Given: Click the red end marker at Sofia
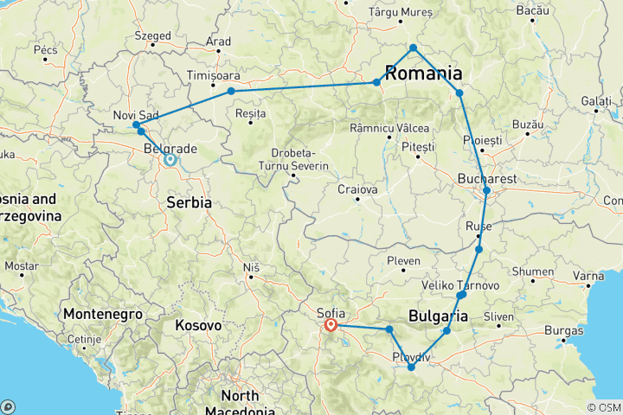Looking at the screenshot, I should (331, 326).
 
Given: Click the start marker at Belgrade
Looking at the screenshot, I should (170, 159).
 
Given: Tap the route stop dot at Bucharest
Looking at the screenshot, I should (487, 190).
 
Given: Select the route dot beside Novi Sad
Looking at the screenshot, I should (137, 125).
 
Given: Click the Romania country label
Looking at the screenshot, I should (422, 73).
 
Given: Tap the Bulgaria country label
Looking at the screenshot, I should (438, 316).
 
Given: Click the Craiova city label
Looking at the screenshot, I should (357, 189).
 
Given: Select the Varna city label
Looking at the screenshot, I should (588, 277).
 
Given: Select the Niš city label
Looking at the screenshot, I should (252, 269).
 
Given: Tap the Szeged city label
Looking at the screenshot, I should (153, 36).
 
